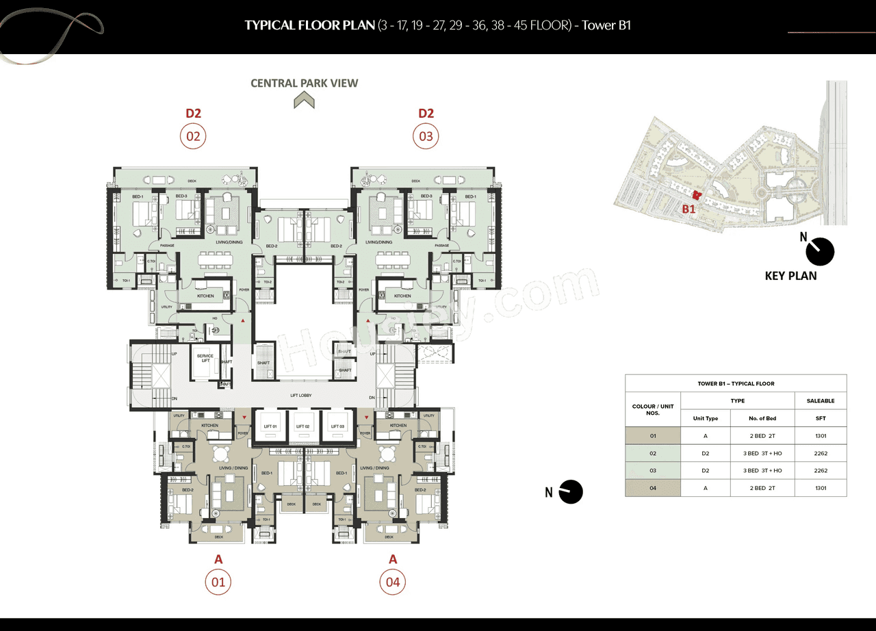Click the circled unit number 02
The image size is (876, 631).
193,136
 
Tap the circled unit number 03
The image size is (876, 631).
426,136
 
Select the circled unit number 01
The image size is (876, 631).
218,582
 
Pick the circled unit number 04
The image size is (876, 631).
393,582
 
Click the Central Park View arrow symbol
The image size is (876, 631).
304,101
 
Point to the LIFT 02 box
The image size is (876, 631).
302,426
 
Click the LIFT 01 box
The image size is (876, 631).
270,426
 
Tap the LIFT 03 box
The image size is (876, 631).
337,426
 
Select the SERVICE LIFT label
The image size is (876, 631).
205,358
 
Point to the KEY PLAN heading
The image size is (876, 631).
790,276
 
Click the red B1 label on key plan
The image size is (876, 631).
688,209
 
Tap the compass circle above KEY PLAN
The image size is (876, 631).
820,251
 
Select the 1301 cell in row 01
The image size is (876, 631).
821,435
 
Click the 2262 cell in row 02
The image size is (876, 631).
821,453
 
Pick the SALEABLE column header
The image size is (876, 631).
821,401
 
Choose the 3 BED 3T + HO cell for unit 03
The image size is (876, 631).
762,471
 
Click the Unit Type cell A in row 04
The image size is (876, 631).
705,488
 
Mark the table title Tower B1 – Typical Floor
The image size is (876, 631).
736,383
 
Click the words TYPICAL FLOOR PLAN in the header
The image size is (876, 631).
310,26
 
